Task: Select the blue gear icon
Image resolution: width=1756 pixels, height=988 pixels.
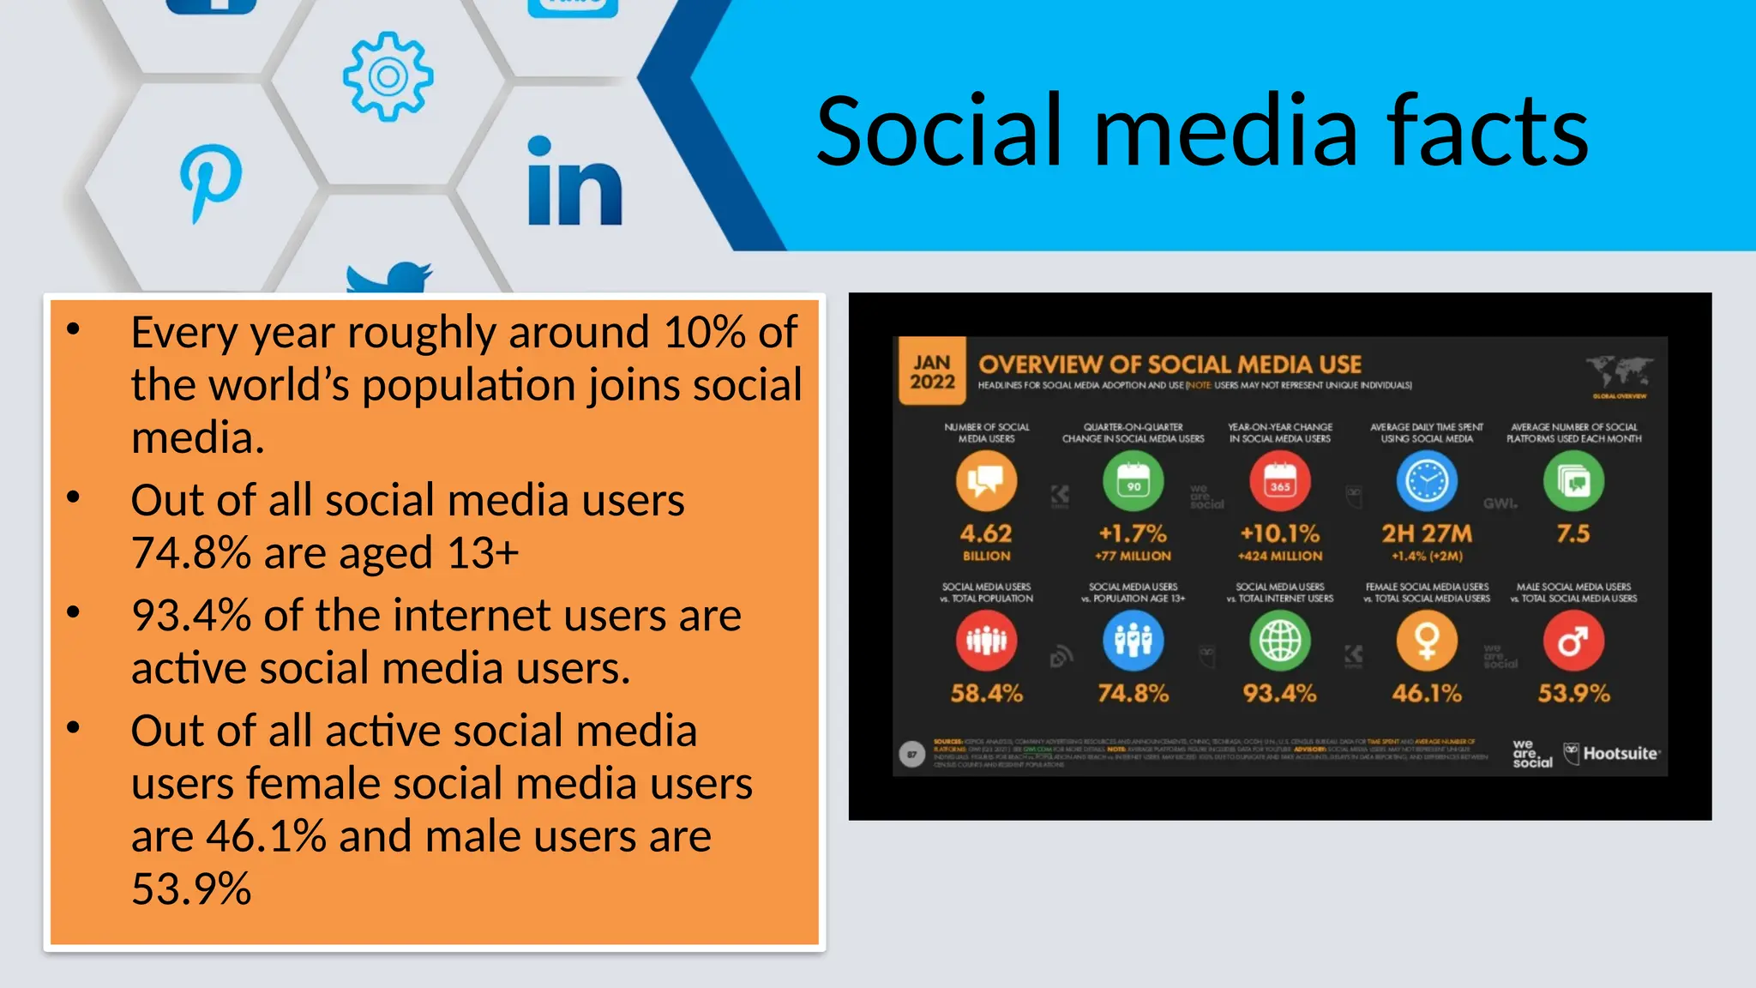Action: point(388,76)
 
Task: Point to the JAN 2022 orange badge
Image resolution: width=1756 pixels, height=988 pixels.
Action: point(932,371)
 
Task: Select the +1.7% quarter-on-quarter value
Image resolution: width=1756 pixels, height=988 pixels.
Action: point(1133,534)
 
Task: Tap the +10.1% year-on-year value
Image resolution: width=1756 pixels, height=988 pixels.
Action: point(1279,534)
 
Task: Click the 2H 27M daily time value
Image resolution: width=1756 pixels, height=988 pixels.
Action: point(1427,534)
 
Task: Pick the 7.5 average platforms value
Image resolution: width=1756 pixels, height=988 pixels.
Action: point(1573,533)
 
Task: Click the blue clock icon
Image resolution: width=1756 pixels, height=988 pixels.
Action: point(1427,481)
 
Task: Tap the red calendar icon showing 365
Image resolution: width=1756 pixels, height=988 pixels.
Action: point(1279,481)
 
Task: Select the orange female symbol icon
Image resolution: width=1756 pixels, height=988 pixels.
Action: point(1427,641)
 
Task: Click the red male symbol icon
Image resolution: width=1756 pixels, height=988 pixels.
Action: point(1573,641)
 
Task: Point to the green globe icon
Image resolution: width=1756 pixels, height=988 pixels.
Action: point(1279,641)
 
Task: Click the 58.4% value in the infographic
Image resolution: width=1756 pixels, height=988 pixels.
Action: point(986,693)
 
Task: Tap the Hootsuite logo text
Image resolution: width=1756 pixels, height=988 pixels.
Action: point(1621,754)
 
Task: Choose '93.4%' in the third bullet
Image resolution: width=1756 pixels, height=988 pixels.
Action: point(190,616)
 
